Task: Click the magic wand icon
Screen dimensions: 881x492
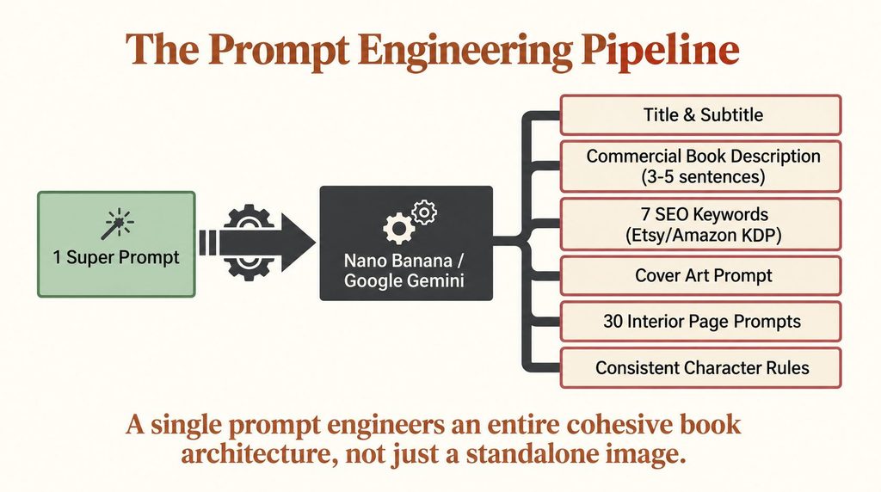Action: coord(117,223)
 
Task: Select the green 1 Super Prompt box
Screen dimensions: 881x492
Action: coord(116,244)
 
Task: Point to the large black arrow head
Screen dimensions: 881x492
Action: coord(298,243)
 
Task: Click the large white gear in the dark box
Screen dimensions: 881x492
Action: coord(398,227)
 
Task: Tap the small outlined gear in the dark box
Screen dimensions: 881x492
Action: coord(423,212)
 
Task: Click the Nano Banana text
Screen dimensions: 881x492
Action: coord(398,261)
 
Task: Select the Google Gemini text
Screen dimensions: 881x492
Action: coord(404,280)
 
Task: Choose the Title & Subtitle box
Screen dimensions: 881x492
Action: coord(700,115)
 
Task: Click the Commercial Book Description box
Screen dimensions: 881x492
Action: coord(700,166)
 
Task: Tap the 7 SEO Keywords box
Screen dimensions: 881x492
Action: coord(700,224)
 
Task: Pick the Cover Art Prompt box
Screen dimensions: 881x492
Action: coord(700,276)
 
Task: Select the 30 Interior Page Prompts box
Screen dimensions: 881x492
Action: coord(700,322)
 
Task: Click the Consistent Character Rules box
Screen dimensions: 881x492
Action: coord(700,368)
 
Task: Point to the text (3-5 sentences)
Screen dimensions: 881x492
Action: coord(703,177)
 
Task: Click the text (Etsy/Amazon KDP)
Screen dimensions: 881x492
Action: coord(704,235)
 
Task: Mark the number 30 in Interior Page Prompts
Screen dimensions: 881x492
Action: coord(613,321)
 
